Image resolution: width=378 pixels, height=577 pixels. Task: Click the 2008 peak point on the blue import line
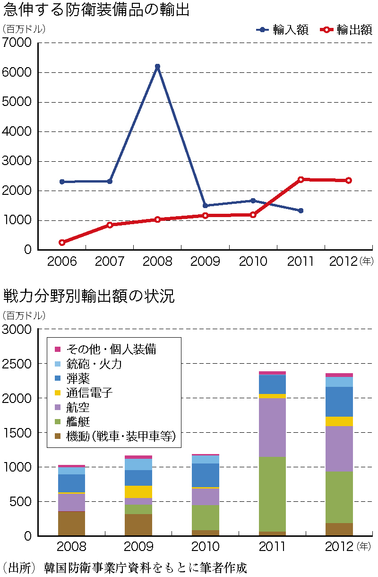tap(157, 67)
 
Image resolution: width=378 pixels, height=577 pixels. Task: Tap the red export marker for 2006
tap(62, 242)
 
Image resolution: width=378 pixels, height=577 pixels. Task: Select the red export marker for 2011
tap(301, 179)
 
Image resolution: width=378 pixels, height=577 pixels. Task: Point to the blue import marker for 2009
tap(205, 206)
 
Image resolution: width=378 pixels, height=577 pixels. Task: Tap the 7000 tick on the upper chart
tap(17, 43)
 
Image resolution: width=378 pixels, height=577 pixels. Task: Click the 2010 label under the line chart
tap(253, 262)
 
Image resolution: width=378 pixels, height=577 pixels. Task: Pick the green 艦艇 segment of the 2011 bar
tap(273, 494)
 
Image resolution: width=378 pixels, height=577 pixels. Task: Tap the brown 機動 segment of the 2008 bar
tap(71, 523)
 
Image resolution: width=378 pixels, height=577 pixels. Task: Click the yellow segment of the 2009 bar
tap(138, 492)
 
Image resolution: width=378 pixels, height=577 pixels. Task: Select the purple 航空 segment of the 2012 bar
tap(339, 449)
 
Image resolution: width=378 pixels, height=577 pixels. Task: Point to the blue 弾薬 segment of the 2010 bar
tap(206, 475)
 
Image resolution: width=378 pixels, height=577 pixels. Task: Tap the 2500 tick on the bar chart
tap(17, 364)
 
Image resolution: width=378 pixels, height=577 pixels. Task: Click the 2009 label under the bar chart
tap(138, 547)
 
